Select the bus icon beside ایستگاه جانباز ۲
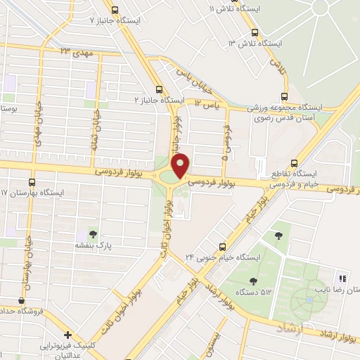(159, 89)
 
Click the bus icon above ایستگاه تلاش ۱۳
(255, 32)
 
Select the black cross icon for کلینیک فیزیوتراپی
(67, 335)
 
